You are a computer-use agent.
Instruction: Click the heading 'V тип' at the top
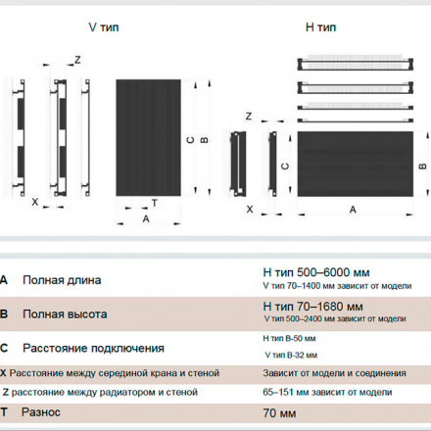(104, 27)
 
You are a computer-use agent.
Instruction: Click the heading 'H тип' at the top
(320, 27)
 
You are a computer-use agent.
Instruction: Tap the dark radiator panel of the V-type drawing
(148, 137)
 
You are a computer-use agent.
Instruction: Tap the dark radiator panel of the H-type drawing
(356, 164)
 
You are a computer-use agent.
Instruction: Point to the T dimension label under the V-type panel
(155, 203)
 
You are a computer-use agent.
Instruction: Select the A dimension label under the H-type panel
(353, 210)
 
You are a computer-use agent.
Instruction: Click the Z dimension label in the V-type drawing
(77, 60)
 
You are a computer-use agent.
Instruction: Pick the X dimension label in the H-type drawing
(250, 210)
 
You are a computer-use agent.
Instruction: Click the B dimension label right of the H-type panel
(422, 167)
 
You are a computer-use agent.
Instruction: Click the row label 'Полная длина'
(62, 280)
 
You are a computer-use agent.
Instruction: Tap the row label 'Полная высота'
(65, 314)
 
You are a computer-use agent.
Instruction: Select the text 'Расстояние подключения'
(93, 348)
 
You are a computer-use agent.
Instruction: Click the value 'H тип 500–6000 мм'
(316, 272)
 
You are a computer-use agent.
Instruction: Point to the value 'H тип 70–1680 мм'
(312, 307)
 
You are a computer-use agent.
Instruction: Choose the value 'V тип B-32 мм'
(291, 355)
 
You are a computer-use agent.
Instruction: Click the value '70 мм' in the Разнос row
(279, 413)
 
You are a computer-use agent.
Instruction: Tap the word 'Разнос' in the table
(41, 412)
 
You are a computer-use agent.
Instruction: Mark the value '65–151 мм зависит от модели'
(327, 392)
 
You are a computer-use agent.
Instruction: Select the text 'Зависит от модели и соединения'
(334, 373)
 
